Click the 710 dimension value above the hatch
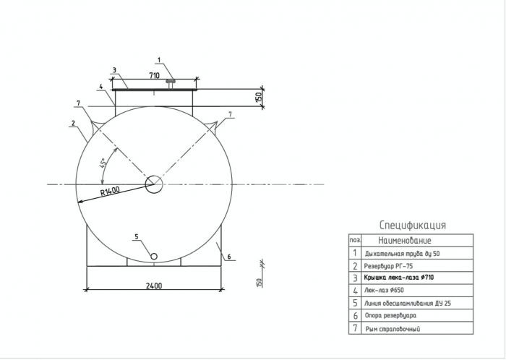click(154, 75)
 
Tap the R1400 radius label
click(110, 191)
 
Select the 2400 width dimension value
click(154, 286)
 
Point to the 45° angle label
click(103, 163)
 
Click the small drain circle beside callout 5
click(154, 257)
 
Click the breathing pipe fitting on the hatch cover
click(171, 84)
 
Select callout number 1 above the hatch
click(159, 60)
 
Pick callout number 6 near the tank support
click(229, 257)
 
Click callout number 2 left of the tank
click(73, 123)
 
